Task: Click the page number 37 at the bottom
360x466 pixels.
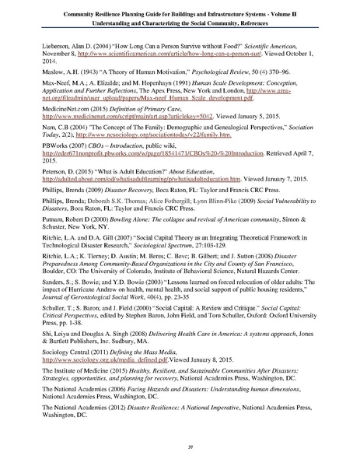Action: click(180, 449)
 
